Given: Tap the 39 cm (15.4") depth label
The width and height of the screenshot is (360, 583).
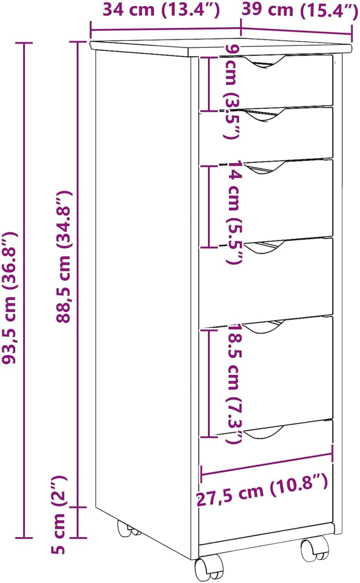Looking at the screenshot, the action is (x=300, y=9).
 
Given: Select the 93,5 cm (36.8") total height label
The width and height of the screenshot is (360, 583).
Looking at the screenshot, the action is (x=9, y=297).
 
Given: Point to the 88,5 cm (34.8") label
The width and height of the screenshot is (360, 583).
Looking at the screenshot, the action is (x=63, y=256).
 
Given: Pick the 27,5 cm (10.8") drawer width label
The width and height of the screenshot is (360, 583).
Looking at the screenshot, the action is (x=262, y=491).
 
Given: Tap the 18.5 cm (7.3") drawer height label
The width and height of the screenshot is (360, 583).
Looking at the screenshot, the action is (x=235, y=383).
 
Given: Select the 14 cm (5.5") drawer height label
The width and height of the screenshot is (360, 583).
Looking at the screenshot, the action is (x=235, y=212).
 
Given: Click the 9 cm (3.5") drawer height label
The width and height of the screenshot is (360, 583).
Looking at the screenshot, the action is (x=232, y=91).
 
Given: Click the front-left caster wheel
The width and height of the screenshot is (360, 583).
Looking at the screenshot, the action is (x=208, y=567).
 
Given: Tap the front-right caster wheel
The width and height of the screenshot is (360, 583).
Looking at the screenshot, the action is (x=314, y=546).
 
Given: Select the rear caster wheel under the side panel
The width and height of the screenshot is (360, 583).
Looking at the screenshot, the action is (x=127, y=528).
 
